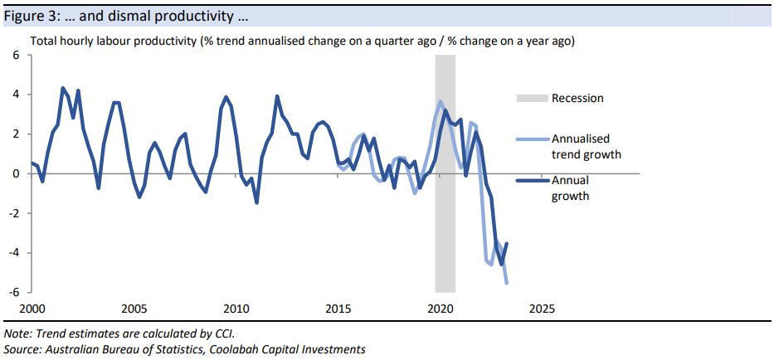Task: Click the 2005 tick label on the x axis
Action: pos(134,308)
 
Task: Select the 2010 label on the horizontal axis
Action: pos(236,308)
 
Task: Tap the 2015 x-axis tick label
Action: pos(338,308)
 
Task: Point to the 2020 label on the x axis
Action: pos(441,308)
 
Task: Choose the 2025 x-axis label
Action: pos(543,308)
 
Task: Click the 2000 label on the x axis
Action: pos(32,308)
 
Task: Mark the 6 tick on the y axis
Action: pos(15,55)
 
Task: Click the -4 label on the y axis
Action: pos(13,252)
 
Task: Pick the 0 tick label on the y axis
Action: pos(15,173)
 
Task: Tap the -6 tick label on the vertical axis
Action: pos(13,292)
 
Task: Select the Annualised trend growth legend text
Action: pos(586,147)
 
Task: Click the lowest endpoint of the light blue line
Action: pos(507,283)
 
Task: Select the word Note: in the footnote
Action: pos(18,333)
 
